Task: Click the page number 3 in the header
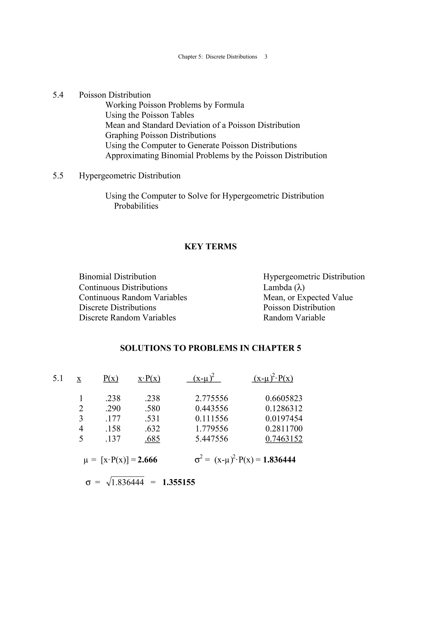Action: [x=266, y=57]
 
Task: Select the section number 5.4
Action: [x=58, y=95]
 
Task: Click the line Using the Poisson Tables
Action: [x=150, y=115]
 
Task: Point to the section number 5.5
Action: [x=58, y=176]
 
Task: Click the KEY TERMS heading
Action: [x=210, y=246]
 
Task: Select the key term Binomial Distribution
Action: [x=117, y=277]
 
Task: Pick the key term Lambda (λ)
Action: [x=284, y=287]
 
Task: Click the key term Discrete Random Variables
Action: [x=127, y=318]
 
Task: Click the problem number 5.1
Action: [x=58, y=378]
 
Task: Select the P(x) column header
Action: [x=111, y=378]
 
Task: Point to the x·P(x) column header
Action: [x=149, y=378]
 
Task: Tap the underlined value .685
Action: [x=152, y=439]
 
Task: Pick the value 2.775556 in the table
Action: [x=211, y=398]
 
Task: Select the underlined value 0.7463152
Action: [x=284, y=439]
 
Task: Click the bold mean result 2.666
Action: [x=147, y=460]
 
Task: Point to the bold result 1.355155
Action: [x=179, y=483]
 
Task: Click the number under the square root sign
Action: [x=127, y=483]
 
